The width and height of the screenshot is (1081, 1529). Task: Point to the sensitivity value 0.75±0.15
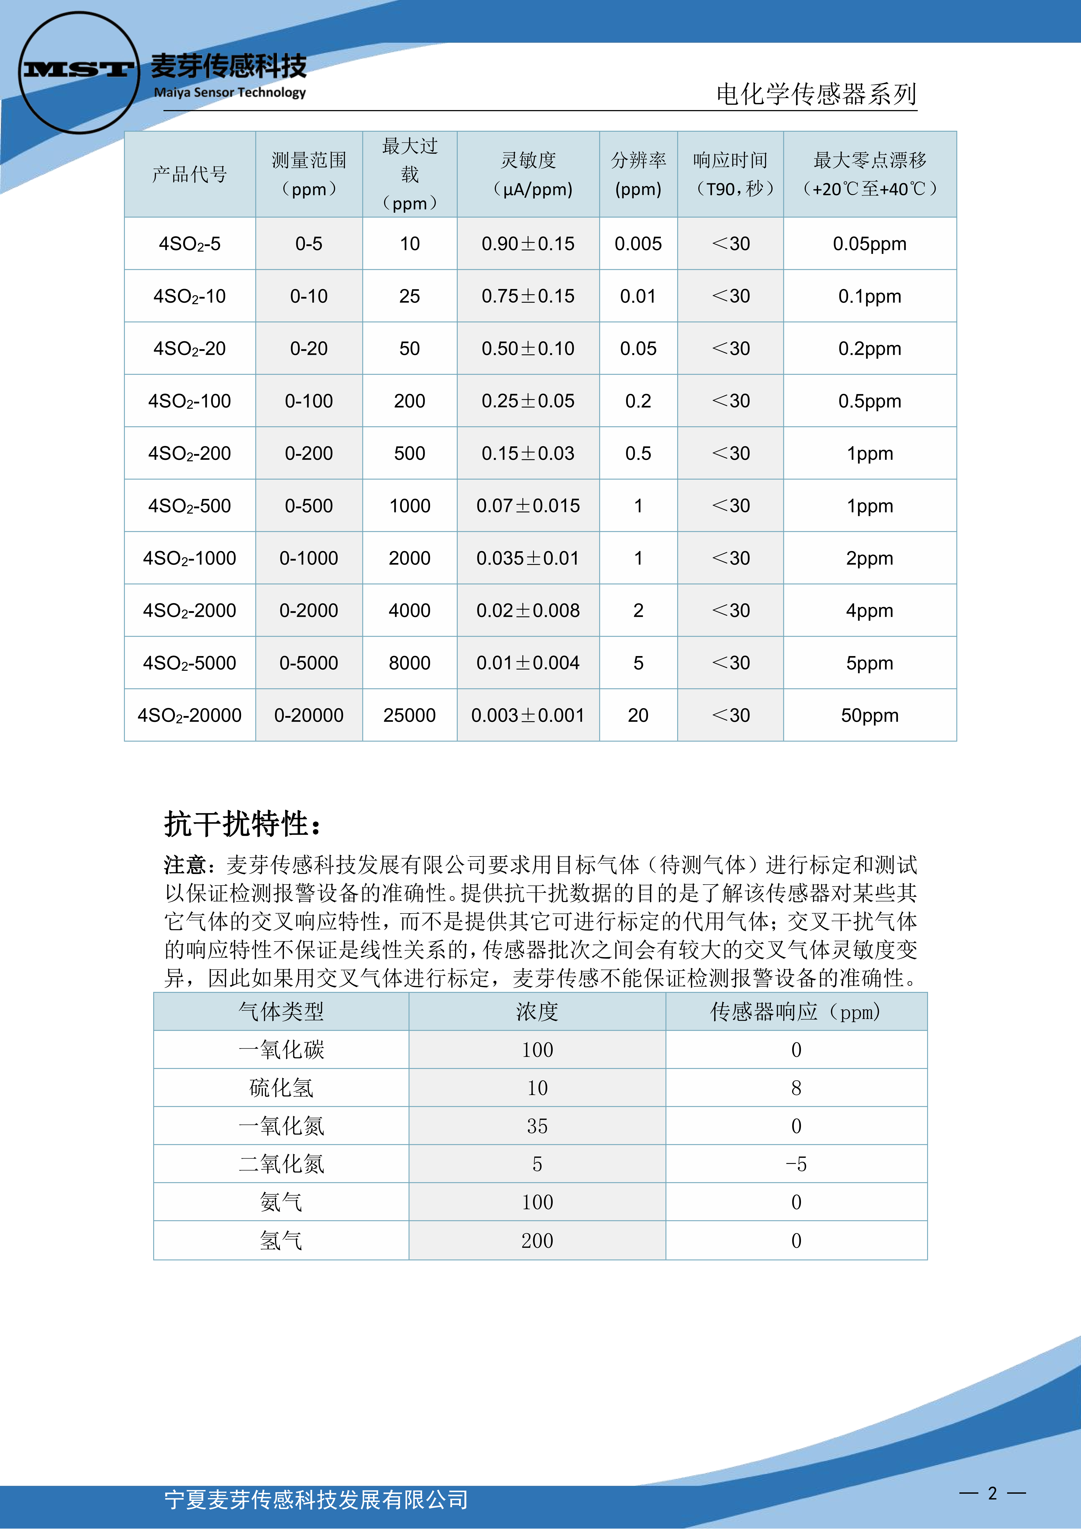click(528, 296)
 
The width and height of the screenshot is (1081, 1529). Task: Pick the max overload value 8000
click(410, 663)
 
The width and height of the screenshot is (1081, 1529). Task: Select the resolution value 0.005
click(638, 244)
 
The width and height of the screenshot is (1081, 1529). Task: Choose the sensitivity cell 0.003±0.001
click(528, 715)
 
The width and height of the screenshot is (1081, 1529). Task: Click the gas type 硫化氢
click(281, 1088)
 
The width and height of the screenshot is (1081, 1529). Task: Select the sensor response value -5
click(796, 1164)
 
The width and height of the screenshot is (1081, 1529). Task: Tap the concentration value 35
click(537, 1126)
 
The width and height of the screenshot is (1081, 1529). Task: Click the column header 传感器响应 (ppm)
click(796, 1012)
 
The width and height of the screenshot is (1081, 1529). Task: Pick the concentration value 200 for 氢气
click(537, 1241)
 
